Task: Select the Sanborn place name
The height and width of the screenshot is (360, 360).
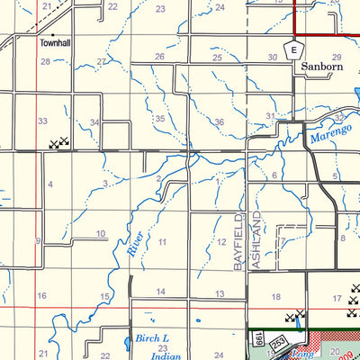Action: click(321, 66)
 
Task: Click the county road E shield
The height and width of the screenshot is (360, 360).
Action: click(292, 50)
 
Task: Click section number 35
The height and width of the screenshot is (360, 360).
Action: click(160, 119)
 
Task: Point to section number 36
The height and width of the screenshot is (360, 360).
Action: click(219, 121)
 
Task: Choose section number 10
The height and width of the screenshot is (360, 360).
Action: click(101, 234)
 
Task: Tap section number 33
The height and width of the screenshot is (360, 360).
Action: click(41, 121)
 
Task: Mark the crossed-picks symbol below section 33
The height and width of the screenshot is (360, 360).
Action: click(58, 142)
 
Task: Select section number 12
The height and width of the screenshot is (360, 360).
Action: click(220, 242)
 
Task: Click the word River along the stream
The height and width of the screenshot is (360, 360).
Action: click(135, 243)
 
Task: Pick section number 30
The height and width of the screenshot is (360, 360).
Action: click(273, 58)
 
